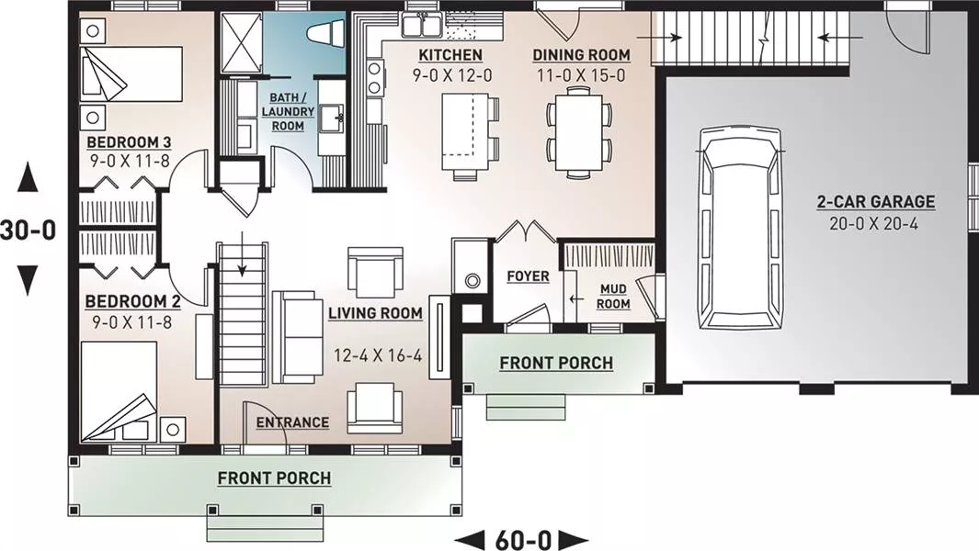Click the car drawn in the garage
741,229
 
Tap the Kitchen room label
450,55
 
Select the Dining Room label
581,55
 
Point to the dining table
579,130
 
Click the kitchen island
464,131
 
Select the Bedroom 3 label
129,142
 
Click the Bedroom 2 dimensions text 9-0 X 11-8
131,322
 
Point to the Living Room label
375,313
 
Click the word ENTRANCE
292,422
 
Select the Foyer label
529,275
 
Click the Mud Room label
613,297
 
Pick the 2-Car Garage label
876,202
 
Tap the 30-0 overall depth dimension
28,231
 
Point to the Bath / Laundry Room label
288,112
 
